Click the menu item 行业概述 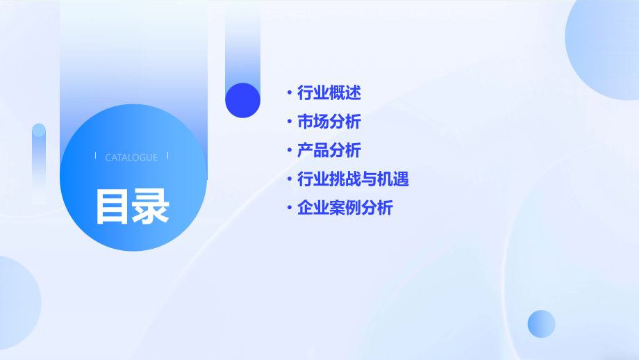[x=329, y=92]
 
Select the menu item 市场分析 [x=329, y=122]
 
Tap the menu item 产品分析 [x=329, y=150]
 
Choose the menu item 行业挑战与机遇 [x=353, y=179]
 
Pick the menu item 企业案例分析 [x=345, y=208]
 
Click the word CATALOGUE [x=131, y=158]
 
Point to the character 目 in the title [x=113, y=206]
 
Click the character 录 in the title [x=151, y=206]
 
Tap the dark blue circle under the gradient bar [x=242, y=100]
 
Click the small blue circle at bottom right [x=541, y=324]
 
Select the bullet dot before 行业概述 [x=290, y=92]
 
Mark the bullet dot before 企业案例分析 [x=290, y=208]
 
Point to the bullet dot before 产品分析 [x=290, y=150]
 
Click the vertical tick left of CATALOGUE [x=95, y=157]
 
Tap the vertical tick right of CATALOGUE [x=168, y=157]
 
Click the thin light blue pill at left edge [x=39, y=163]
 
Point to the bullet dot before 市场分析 [x=290, y=122]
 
